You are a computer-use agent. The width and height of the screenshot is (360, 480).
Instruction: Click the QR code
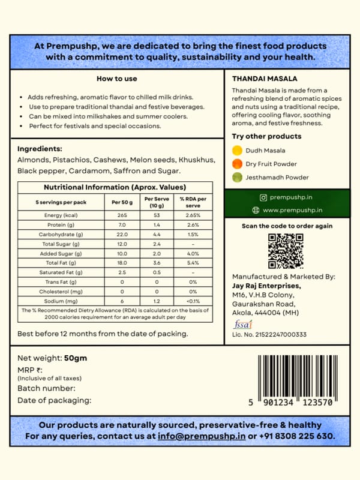(286, 251)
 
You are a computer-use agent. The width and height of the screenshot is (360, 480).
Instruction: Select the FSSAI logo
(239, 325)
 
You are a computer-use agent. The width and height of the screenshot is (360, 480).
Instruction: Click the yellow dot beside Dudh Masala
(238, 151)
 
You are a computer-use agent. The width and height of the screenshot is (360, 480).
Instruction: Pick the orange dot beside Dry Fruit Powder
(238, 164)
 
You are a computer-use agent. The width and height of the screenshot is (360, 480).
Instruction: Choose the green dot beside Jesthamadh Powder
(238, 177)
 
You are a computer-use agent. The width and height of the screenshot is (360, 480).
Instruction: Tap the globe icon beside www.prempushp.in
(255, 210)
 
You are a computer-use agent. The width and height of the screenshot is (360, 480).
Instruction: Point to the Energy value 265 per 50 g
(122, 215)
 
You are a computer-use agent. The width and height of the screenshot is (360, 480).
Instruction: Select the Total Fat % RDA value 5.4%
(193, 262)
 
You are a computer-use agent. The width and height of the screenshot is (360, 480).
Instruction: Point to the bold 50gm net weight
(76, 358)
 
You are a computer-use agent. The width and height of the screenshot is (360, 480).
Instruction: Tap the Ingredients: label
(40, 149)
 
